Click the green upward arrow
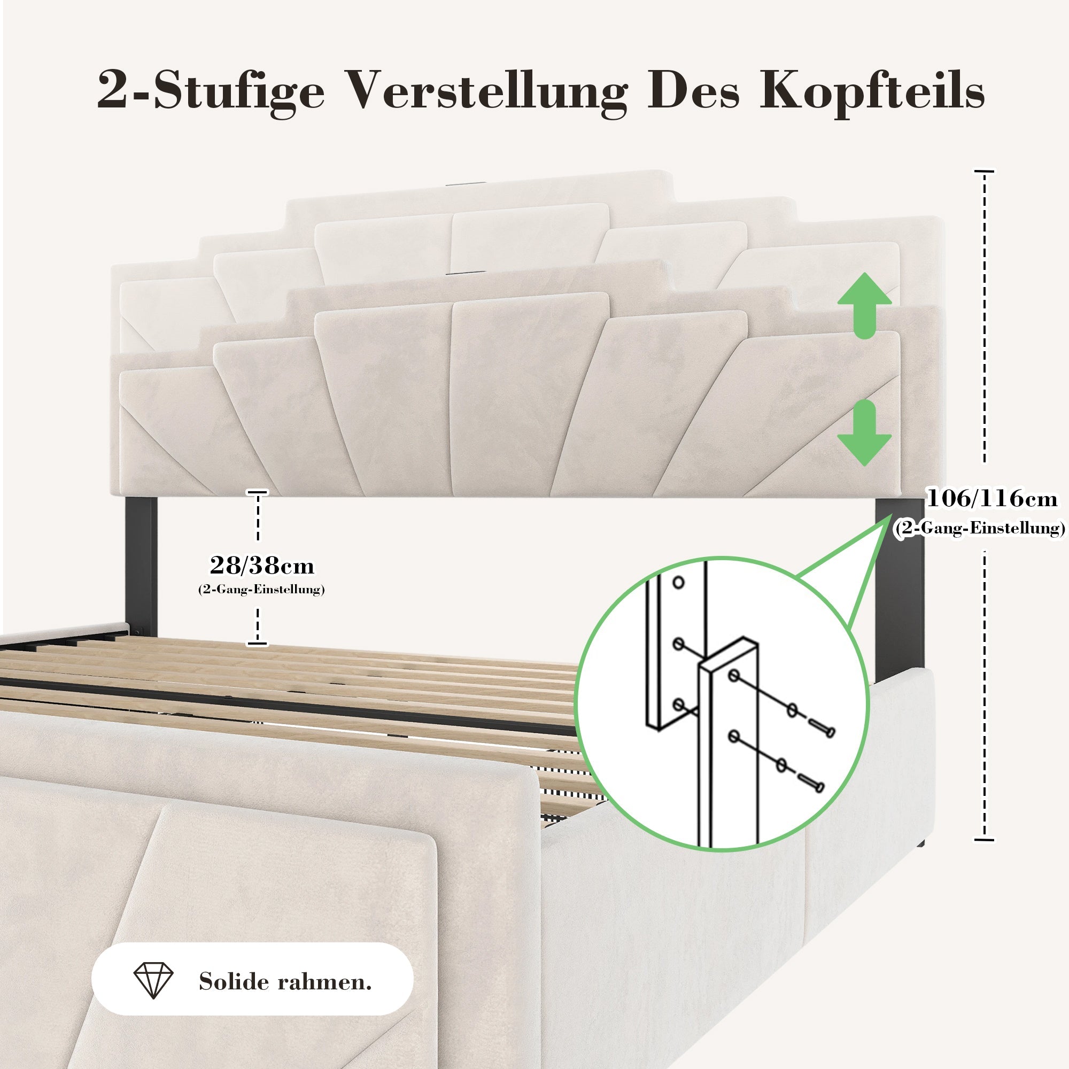click(864, 305)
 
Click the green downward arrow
click(864, 433)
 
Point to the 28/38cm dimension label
click(262, 566)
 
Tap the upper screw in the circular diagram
click(821, 729)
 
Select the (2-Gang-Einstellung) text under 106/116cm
click(979, 528)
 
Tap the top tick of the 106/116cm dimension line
click(984, 172)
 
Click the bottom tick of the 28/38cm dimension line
click(257, 644)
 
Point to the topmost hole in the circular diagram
click(678, 583)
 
